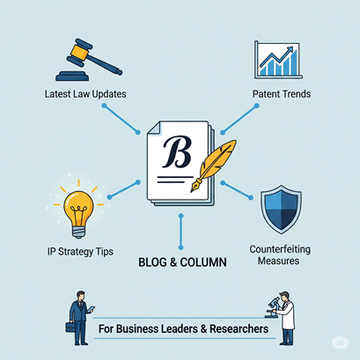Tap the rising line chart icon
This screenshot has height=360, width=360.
pos(278,60)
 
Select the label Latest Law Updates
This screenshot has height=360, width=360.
pos(85,94)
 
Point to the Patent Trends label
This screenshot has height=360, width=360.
pos(282,94)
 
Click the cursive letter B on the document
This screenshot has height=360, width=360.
pos(177,151)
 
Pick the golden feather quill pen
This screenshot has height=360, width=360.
pos(213,165)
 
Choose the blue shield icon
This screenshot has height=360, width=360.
pos(281,209)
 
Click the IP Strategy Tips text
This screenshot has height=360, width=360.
pos(80,252)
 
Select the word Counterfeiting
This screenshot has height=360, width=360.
pos(280,249)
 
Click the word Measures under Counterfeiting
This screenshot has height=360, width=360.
pos(278,261)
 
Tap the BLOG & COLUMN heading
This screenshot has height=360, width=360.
pos(182,262)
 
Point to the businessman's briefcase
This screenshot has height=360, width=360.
pos(70,327)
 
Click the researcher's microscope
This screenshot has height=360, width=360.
pos(272,307)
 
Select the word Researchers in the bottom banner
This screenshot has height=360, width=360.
pos(239,328)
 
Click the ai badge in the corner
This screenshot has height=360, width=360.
pos(341,342)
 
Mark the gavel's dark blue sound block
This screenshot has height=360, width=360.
pos(72,77)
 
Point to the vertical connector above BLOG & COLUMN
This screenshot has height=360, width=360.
pos(180,231)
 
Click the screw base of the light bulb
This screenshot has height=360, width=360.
pos(78,231)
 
